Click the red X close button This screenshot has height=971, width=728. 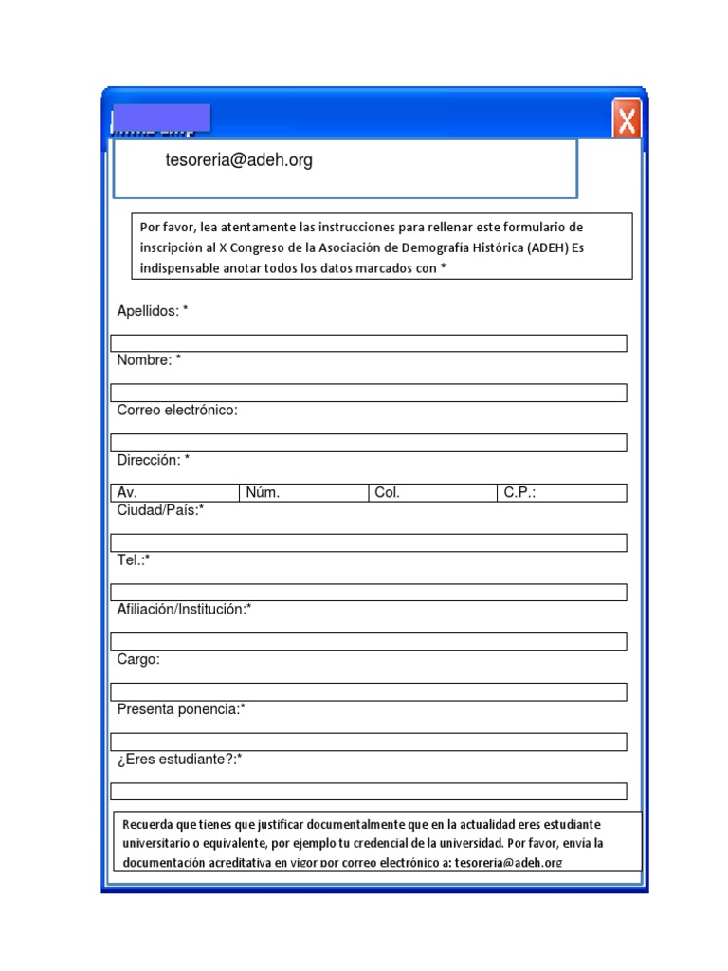[626, 120]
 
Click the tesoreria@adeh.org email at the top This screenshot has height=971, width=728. [238, 161]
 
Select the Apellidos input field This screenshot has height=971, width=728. [369, 343]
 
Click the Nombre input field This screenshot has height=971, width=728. [369, 393]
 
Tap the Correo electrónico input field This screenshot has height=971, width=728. [369, 443]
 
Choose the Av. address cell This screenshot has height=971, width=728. [175, 493]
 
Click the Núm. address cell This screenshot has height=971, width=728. [304, 493]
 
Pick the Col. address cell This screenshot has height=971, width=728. [433, 493]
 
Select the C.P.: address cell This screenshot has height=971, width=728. [562, 493]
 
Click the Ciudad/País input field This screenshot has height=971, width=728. [369, 542]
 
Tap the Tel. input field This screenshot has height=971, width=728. [369, 593]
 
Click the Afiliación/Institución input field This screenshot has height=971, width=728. [369, 642]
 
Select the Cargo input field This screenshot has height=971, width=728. [369, 691]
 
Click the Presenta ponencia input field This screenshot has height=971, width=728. [369, 742]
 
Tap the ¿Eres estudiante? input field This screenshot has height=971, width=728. [369, 791]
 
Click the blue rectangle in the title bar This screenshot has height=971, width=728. [160, 118]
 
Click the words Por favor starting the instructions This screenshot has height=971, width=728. [165, 228]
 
